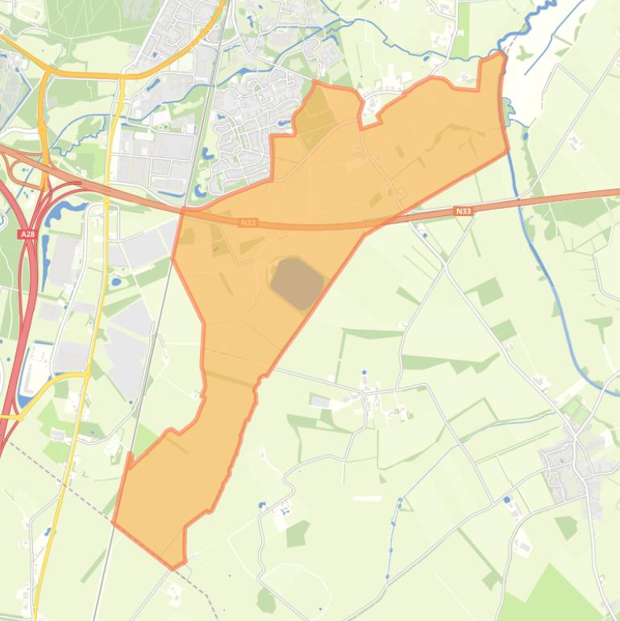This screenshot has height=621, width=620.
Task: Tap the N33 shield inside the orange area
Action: (x=248, y=222)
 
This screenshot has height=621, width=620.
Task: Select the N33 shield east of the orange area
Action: (x=462, y=210)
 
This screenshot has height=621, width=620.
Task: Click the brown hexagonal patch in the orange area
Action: (x=297, y=283)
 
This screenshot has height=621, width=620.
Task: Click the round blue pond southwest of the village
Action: (x=506, y=500)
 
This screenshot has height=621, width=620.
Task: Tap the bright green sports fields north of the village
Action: (x=575, y=408)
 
